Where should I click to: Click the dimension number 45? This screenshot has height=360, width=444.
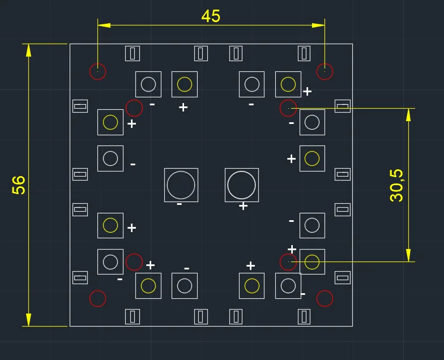(211, 16)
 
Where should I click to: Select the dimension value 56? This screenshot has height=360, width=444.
(19, 185)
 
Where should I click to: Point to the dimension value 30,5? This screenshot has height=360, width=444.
(396, 185)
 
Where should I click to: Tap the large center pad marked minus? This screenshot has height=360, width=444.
(181, 185)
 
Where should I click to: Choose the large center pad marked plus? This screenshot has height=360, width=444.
(242, 185)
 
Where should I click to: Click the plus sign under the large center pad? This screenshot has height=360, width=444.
(243, 206)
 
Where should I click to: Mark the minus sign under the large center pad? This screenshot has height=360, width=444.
(179, 204)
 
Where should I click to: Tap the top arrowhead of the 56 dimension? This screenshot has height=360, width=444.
(28, 50)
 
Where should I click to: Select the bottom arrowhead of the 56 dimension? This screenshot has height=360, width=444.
(28, 320)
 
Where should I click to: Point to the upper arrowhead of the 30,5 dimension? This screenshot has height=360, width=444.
(408, 114)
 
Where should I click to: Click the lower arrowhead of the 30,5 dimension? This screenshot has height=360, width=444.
(408, 255)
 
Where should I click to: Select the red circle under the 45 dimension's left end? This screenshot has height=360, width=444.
(98, 71)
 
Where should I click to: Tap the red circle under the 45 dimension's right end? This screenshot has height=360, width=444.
(325, 72)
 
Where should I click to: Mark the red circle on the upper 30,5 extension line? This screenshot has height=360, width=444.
(289, 108)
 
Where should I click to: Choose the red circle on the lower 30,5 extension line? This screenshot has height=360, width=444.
(289, 262)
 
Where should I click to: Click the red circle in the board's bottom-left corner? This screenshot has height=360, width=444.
(98, 298)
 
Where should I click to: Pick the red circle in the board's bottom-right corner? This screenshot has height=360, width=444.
(325, 298)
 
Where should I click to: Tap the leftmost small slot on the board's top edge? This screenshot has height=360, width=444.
(133, 53)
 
